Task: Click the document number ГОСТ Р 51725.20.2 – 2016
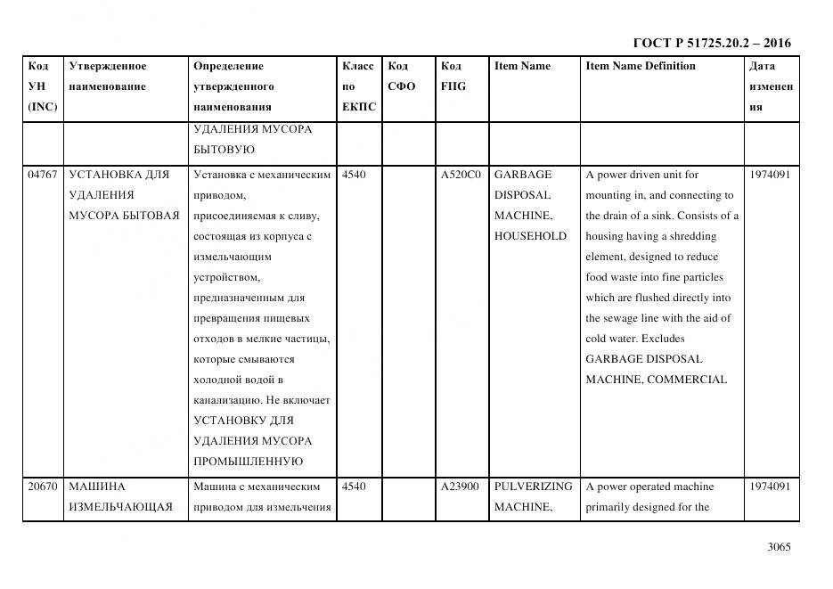711,43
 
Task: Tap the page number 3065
779,547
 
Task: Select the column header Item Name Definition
641,66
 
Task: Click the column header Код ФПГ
453,77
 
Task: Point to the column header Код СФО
401,77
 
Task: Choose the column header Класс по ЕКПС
358,86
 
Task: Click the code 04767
42,175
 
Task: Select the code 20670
42,487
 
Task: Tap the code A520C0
461,175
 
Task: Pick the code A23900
460,487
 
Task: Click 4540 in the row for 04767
353,175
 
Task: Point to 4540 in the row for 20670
353,487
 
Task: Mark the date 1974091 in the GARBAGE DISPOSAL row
771,175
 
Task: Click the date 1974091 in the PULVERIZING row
771,487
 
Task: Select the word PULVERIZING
533,487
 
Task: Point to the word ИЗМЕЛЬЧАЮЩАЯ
120,507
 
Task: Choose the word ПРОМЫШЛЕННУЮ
248,462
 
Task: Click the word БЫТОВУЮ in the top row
224,150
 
